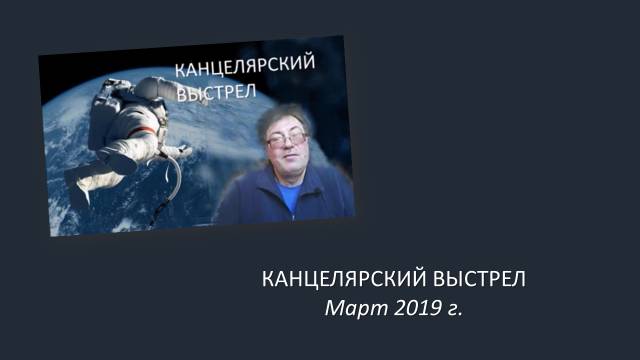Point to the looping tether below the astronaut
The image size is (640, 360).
tap(172, 185)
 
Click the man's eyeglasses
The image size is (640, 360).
tap(288, 141)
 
